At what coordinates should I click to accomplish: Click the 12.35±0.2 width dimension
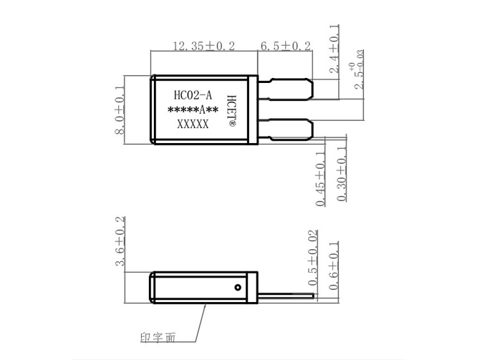(204, 46)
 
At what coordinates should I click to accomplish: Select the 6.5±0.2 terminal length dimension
(285, 46)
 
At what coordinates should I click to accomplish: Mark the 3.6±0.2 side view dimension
(120, 243)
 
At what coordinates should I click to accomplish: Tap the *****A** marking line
(192, 110)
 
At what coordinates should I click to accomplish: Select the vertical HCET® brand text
(231, 109)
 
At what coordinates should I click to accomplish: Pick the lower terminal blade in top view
(286, 131)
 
